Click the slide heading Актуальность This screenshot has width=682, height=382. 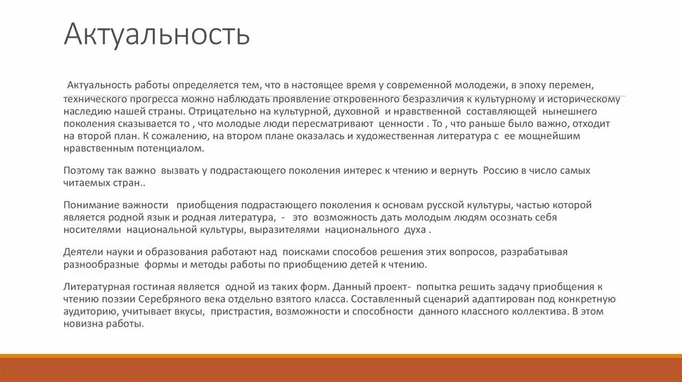click(157, 35)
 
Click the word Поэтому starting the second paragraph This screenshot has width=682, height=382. click(85, 170)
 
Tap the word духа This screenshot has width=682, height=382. click(414, 230)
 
